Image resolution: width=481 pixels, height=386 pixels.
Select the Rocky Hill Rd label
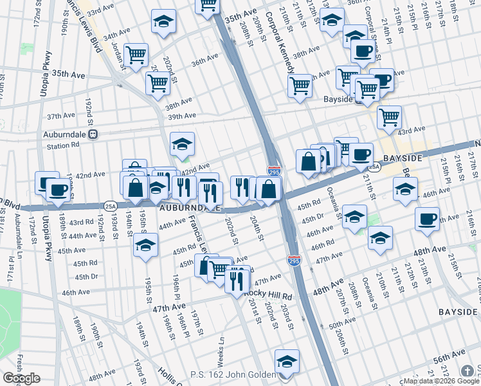pos(268,295)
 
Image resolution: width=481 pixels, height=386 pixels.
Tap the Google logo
pos(21,378)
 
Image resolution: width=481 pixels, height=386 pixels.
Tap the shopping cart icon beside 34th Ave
pos(136,55)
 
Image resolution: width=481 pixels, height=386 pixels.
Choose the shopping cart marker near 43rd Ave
pos(389,117)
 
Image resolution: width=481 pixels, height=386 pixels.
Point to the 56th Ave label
pos(448,356)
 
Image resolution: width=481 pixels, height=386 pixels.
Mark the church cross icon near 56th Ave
pos(467,371)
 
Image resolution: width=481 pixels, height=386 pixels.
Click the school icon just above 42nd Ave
pos(182,144)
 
